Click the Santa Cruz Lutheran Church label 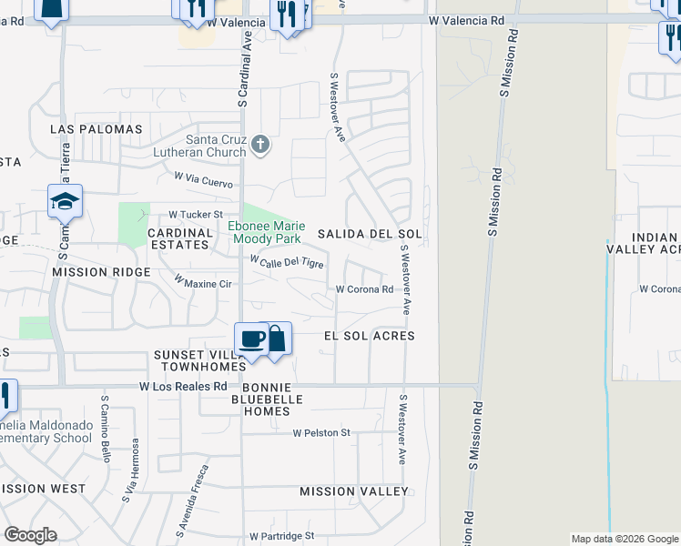coord(216,146)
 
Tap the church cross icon coord(260,144)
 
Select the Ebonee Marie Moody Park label coord(267,232)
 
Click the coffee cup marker coord(251,339)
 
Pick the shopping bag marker coord(277,339)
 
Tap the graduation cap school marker coord(66,201)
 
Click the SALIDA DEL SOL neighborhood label coord(370,234)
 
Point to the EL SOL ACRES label coord(370,336)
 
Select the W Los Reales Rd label coord(183,387)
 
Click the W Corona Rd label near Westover coord(364,290)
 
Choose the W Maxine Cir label coord(203,284)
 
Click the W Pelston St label coord(321,433)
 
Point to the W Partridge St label coord(281,536)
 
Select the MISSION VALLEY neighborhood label coord(354,491)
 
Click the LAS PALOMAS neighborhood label coord(97,129)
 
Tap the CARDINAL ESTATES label coord(180,238)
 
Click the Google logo coord(31,534)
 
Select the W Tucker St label coord(196,215)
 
